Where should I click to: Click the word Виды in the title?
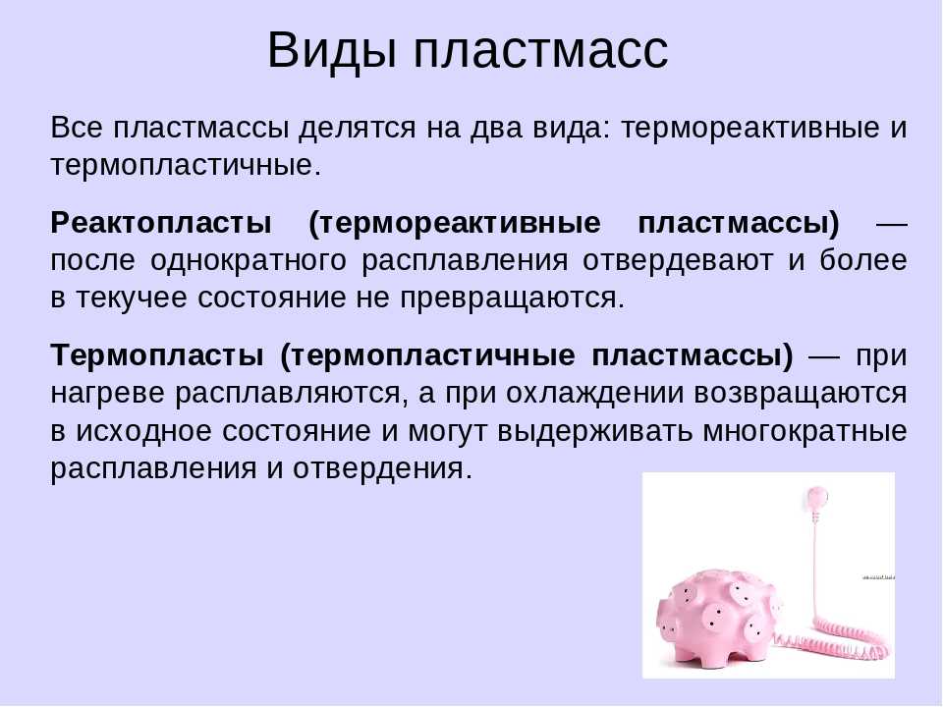tap(332, 50)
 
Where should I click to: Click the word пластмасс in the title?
tap(540, 50)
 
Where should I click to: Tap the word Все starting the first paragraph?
tap(77, 128)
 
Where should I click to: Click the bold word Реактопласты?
tap(161, 224)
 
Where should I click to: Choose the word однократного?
tap(249, 261)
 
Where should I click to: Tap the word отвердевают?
tap(678, 261)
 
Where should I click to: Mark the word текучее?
tap(131, 299)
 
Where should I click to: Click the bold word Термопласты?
tap(157, 355)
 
